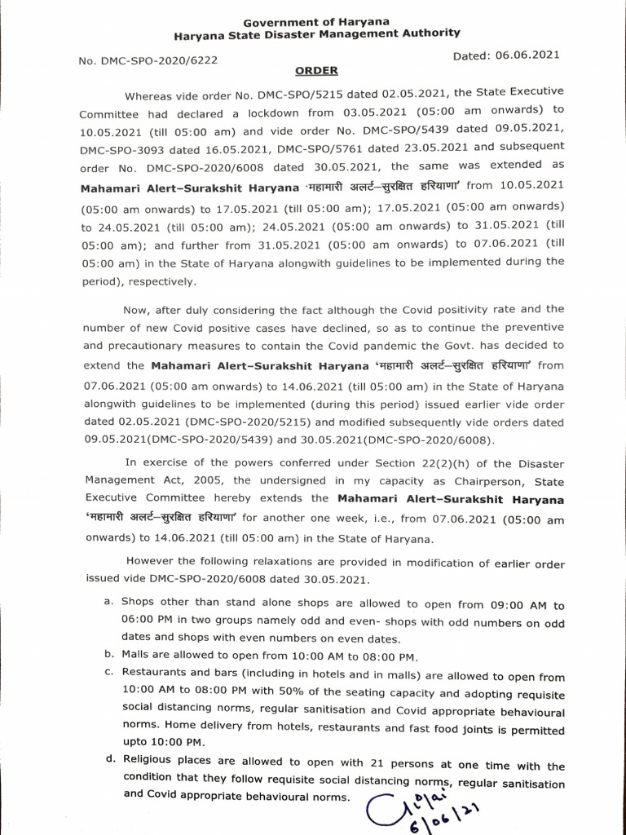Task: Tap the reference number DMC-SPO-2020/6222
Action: tap(148, 60)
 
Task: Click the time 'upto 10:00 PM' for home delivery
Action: tap(164, 742)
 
